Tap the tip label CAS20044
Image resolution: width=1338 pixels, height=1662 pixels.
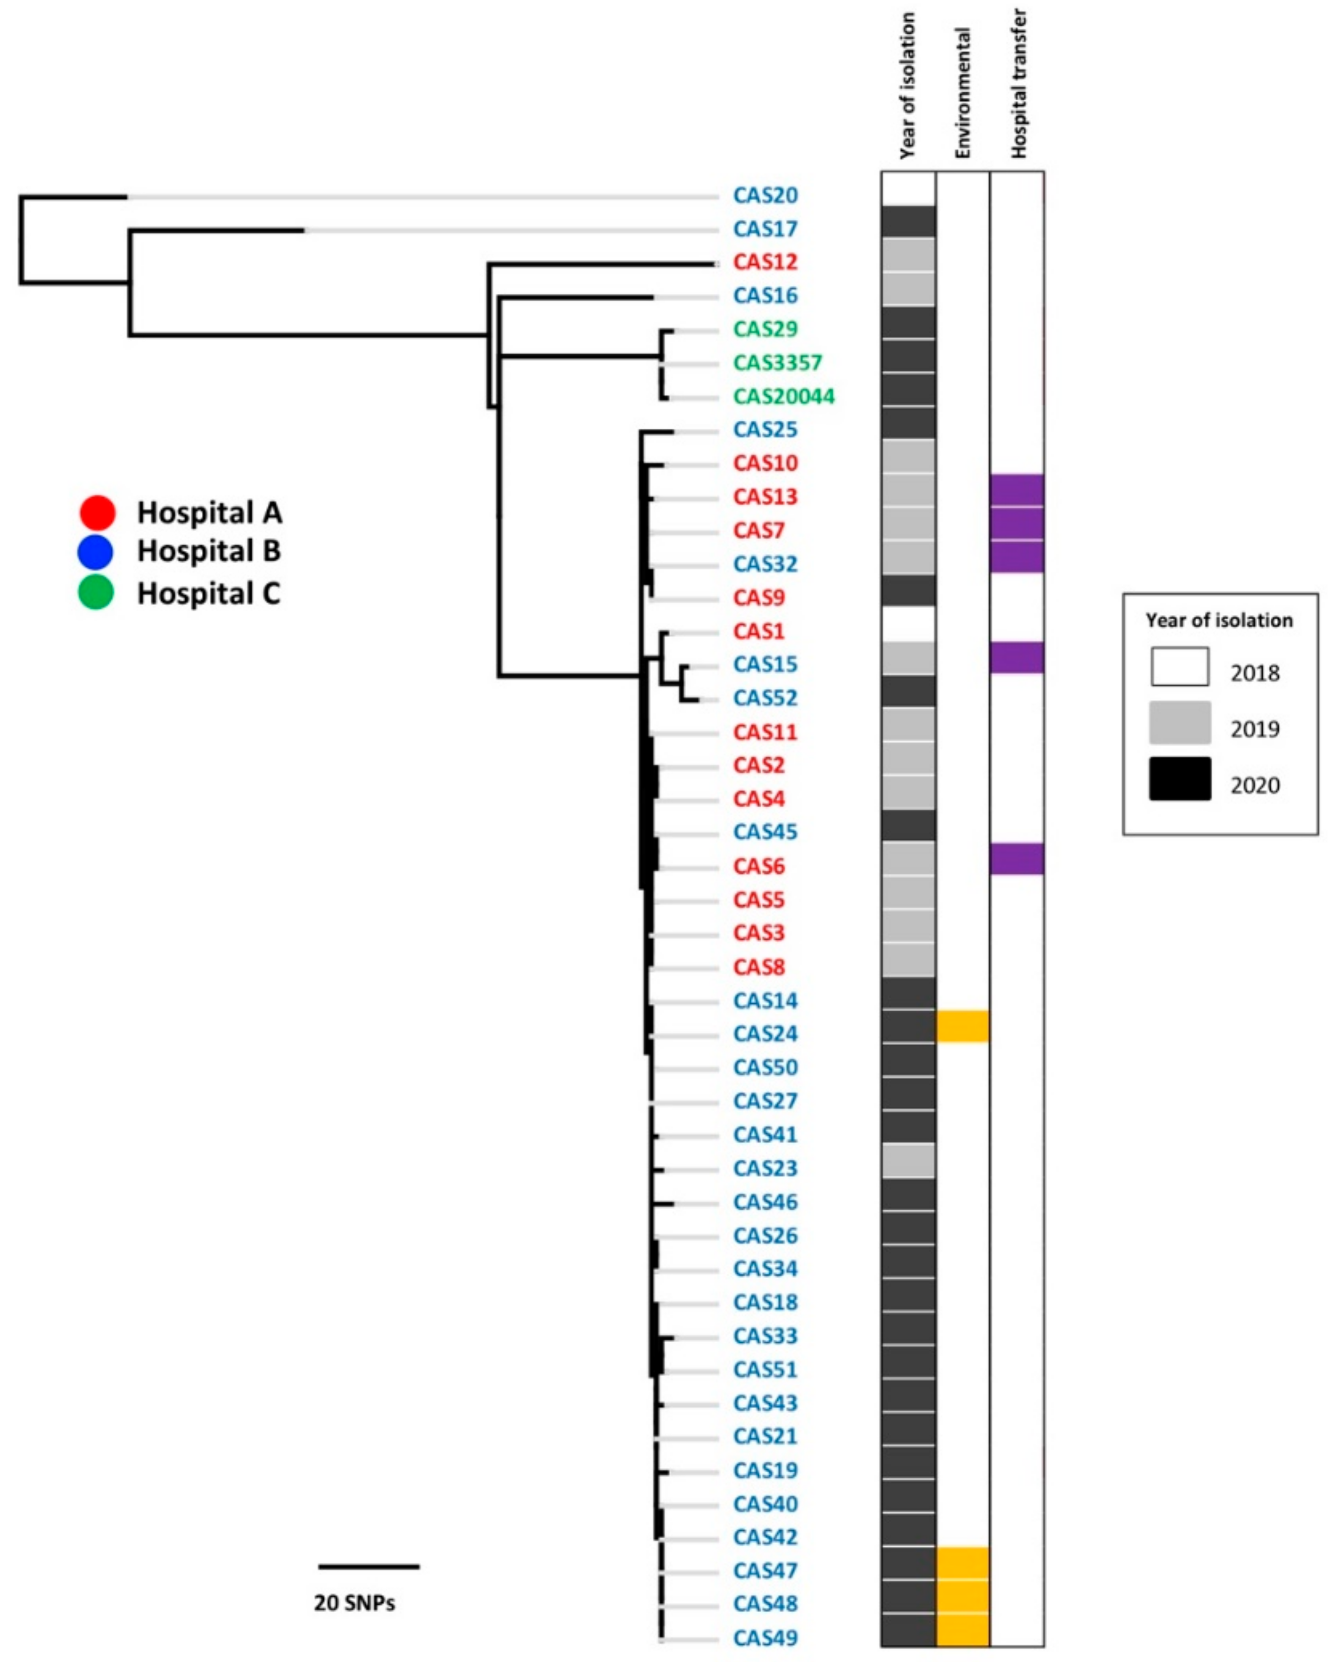click(x=783, y=396)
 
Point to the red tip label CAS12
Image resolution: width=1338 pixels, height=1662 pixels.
click(x=765, y=262)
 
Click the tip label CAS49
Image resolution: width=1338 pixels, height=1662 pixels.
click(x=765, y=1638)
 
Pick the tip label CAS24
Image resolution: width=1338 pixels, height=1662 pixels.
click(x=765, y=1034)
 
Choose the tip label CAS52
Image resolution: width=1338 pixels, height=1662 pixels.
click(x=765, y=697)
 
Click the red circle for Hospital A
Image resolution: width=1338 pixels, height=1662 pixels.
click(x=97, y=513)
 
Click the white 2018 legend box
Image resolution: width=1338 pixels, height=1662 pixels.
click(x=1179, y=667)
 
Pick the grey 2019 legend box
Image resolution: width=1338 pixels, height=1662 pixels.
click(x=1179, y=723)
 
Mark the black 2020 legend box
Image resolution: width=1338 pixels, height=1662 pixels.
click(x=1179, y=779)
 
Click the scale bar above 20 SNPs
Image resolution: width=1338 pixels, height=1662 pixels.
click(x=368, y=1566)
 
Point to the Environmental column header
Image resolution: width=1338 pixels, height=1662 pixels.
click(x=962, y=92)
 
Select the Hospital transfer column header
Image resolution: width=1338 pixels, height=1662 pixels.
click(x=1019, y=83)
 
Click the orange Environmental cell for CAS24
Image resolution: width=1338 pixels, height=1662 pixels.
click(x=963, y=1026)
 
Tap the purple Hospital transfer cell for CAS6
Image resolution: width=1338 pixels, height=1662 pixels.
click(x=1017, y=859)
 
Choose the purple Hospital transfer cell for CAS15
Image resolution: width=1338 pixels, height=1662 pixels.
click(x=1017, y=658)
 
